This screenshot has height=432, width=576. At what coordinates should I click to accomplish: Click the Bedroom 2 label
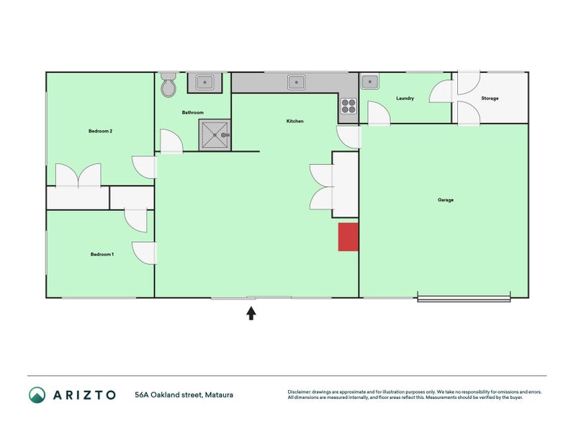pos(100,131)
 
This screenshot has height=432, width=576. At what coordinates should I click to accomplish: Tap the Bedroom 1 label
pos(102,254)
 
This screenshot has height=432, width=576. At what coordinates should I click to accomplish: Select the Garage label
pos(446,200)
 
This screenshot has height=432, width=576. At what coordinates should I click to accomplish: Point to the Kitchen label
pos(295,121)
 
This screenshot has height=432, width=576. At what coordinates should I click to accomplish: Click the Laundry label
pos(405,99)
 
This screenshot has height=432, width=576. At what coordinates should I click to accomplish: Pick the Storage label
pos(490,99)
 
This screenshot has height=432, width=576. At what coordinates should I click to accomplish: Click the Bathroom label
pos(193,112)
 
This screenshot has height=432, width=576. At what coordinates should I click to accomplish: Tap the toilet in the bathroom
pos(168,85)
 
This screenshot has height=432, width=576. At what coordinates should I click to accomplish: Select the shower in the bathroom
pos(215,135)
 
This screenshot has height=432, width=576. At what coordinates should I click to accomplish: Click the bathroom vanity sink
pos(204,82)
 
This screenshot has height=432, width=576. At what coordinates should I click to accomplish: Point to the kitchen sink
pos(296,82)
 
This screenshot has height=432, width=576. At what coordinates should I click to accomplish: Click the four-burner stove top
pos(348,106)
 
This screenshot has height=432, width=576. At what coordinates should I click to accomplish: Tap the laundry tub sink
pos(370,81)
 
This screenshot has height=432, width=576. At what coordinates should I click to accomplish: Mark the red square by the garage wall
pos(348,237)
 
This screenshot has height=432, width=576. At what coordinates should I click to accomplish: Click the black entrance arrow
pos(251,313)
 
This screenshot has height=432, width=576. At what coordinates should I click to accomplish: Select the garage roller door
pos(464,299)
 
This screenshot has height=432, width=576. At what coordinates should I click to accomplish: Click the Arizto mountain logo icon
pos(37,395)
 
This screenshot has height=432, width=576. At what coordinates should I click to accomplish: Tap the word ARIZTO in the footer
pos(84,395)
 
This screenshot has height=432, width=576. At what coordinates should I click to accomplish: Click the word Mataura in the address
pos(219,395)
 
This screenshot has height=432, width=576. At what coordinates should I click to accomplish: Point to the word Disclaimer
pos(299,392)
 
